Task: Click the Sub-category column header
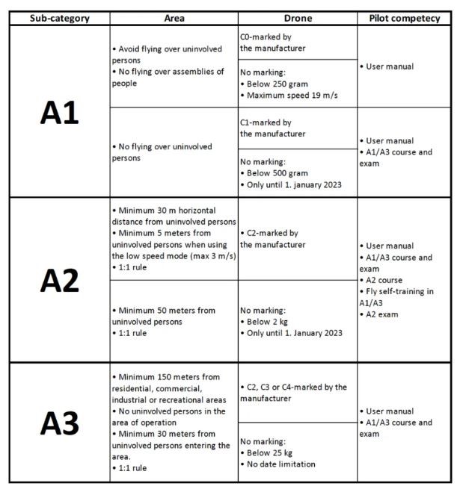59,18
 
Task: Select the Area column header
174,18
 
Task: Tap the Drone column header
297,18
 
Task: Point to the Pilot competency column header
405,18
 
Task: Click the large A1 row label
59,112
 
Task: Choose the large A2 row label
59,280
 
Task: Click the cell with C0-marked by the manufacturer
274,42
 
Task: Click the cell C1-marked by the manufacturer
274,128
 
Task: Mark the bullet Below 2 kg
270,321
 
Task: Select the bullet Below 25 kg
272,452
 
